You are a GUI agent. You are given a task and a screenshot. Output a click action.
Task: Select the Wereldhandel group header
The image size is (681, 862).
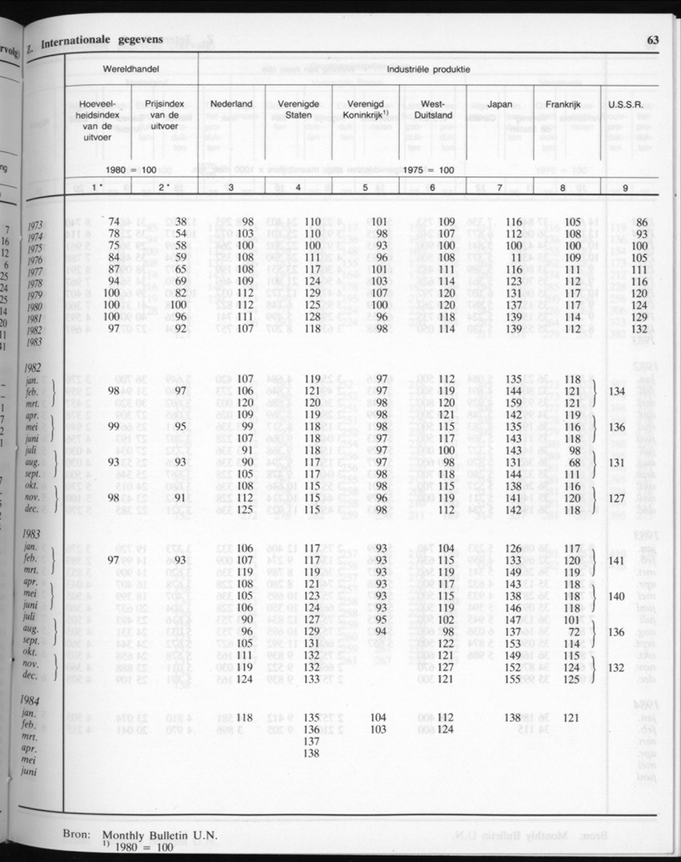[x=130, y=70]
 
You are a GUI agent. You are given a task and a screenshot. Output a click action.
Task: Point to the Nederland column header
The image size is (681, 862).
[x=232, y=104]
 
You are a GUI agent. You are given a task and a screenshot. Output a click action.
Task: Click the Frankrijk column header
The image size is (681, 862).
[x=562, y=104]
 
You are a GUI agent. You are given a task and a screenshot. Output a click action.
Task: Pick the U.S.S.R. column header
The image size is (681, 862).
[x=627, y=104]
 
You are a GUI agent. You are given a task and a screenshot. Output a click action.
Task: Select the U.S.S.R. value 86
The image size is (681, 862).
[x=640, y=221]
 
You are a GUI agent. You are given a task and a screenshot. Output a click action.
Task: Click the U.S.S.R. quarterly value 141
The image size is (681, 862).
[x=616, y=561]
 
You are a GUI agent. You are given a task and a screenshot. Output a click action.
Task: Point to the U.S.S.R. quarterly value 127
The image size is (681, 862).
[x=616, y=496]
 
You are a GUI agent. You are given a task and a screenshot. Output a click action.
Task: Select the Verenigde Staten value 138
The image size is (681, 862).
[x=312, y=753]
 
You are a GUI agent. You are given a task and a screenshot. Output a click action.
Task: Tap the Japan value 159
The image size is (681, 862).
[x=513, y=403]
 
